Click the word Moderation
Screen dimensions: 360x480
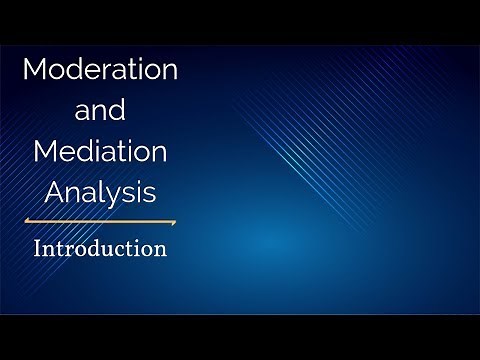tap(100, 70)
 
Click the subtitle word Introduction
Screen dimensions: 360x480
tap(100, 248)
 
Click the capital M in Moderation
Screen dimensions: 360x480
tap(35, 70)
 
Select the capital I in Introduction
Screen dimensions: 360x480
tap(38, 248)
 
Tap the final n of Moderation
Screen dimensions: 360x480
tap(170, 72)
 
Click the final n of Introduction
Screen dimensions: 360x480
tap(159, 249)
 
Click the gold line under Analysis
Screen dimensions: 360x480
tap(100, 221)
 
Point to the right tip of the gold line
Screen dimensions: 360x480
tap(175, 221)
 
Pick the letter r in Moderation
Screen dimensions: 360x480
tap(112, 72)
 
